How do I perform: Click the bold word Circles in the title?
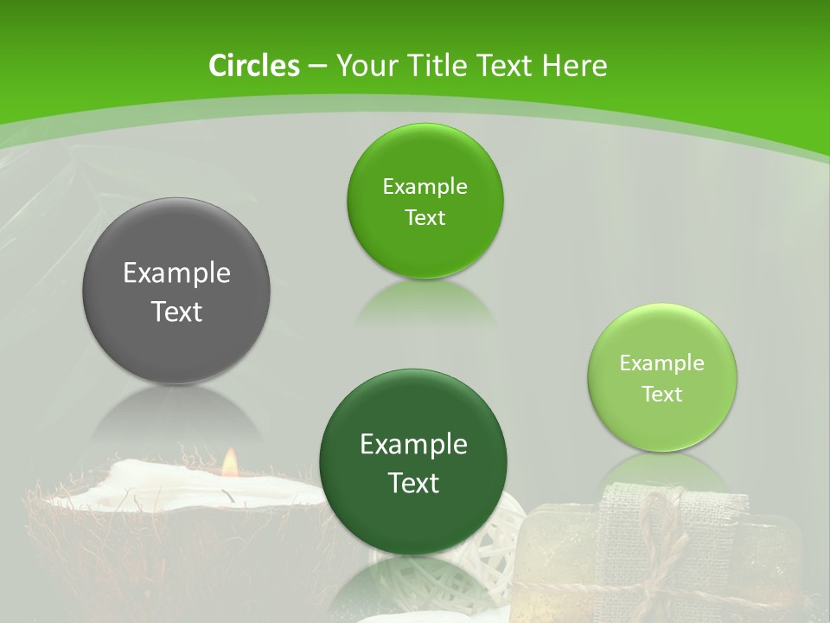tap(253, 66)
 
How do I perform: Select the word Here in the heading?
tap(575, 66)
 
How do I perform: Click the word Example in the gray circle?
tap(176, 273)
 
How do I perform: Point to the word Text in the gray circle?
tap(176, 311)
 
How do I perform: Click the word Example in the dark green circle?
tap(414, 445)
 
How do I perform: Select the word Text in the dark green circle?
tap(414, 483)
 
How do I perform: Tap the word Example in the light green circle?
tap(662, 363)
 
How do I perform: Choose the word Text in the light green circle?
tap(662, 395)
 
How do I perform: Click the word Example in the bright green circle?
tap(425, 187)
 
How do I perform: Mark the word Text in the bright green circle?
tap(425, 218)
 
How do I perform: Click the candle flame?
tap(229, 463)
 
